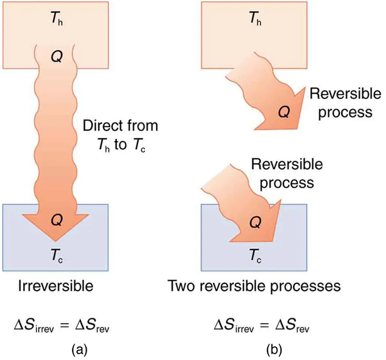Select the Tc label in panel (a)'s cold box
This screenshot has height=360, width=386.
(x=55, y=255)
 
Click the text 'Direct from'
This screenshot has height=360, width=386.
(x=120, y=126)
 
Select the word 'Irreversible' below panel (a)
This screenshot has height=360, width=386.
(x=56, y=286)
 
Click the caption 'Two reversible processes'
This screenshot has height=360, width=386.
(x=255, y=286)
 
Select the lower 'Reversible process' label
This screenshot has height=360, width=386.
(x=287, y=173)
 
